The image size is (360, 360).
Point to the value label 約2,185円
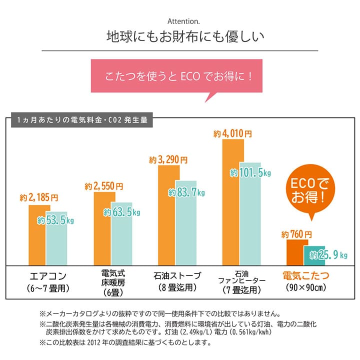coord(39,197)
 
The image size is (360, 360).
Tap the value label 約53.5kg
coord(56,220)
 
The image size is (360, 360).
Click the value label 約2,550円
coord(103,186)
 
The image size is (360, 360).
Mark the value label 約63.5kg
coord(121,212)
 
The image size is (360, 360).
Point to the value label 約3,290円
coord(168,160)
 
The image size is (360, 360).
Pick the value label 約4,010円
coord(232,134)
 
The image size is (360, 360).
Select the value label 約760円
coord(296,234)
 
